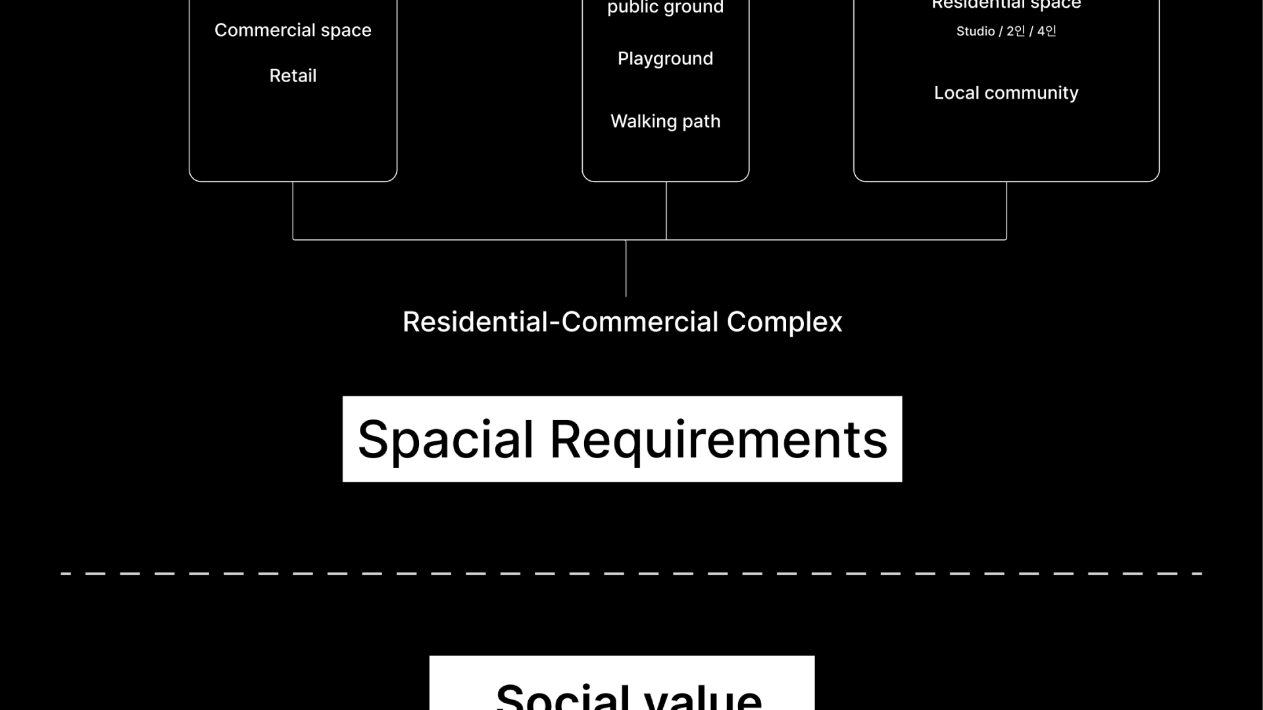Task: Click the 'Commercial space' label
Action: tap(293, 30)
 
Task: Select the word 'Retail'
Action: tap(293, 76)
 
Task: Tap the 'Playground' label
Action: tap(665, 59)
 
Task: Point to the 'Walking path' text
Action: tap(665, 121)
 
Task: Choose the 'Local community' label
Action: tap(1006, 93)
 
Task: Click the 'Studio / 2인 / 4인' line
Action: tap(1006, 32)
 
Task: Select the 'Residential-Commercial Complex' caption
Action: tap(622, 322)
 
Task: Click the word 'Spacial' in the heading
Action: tap(445, 439)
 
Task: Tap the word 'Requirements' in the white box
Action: tap(718, 439)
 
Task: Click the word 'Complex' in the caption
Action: tap(784, 322)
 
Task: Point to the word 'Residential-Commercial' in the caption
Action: tap(560, 322)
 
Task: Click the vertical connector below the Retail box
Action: tap(293, 210)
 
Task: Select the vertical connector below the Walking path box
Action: tap(666, 210)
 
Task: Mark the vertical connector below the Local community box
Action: tap(1006, 210)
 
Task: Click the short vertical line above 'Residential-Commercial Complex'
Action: tap(626, 268)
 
